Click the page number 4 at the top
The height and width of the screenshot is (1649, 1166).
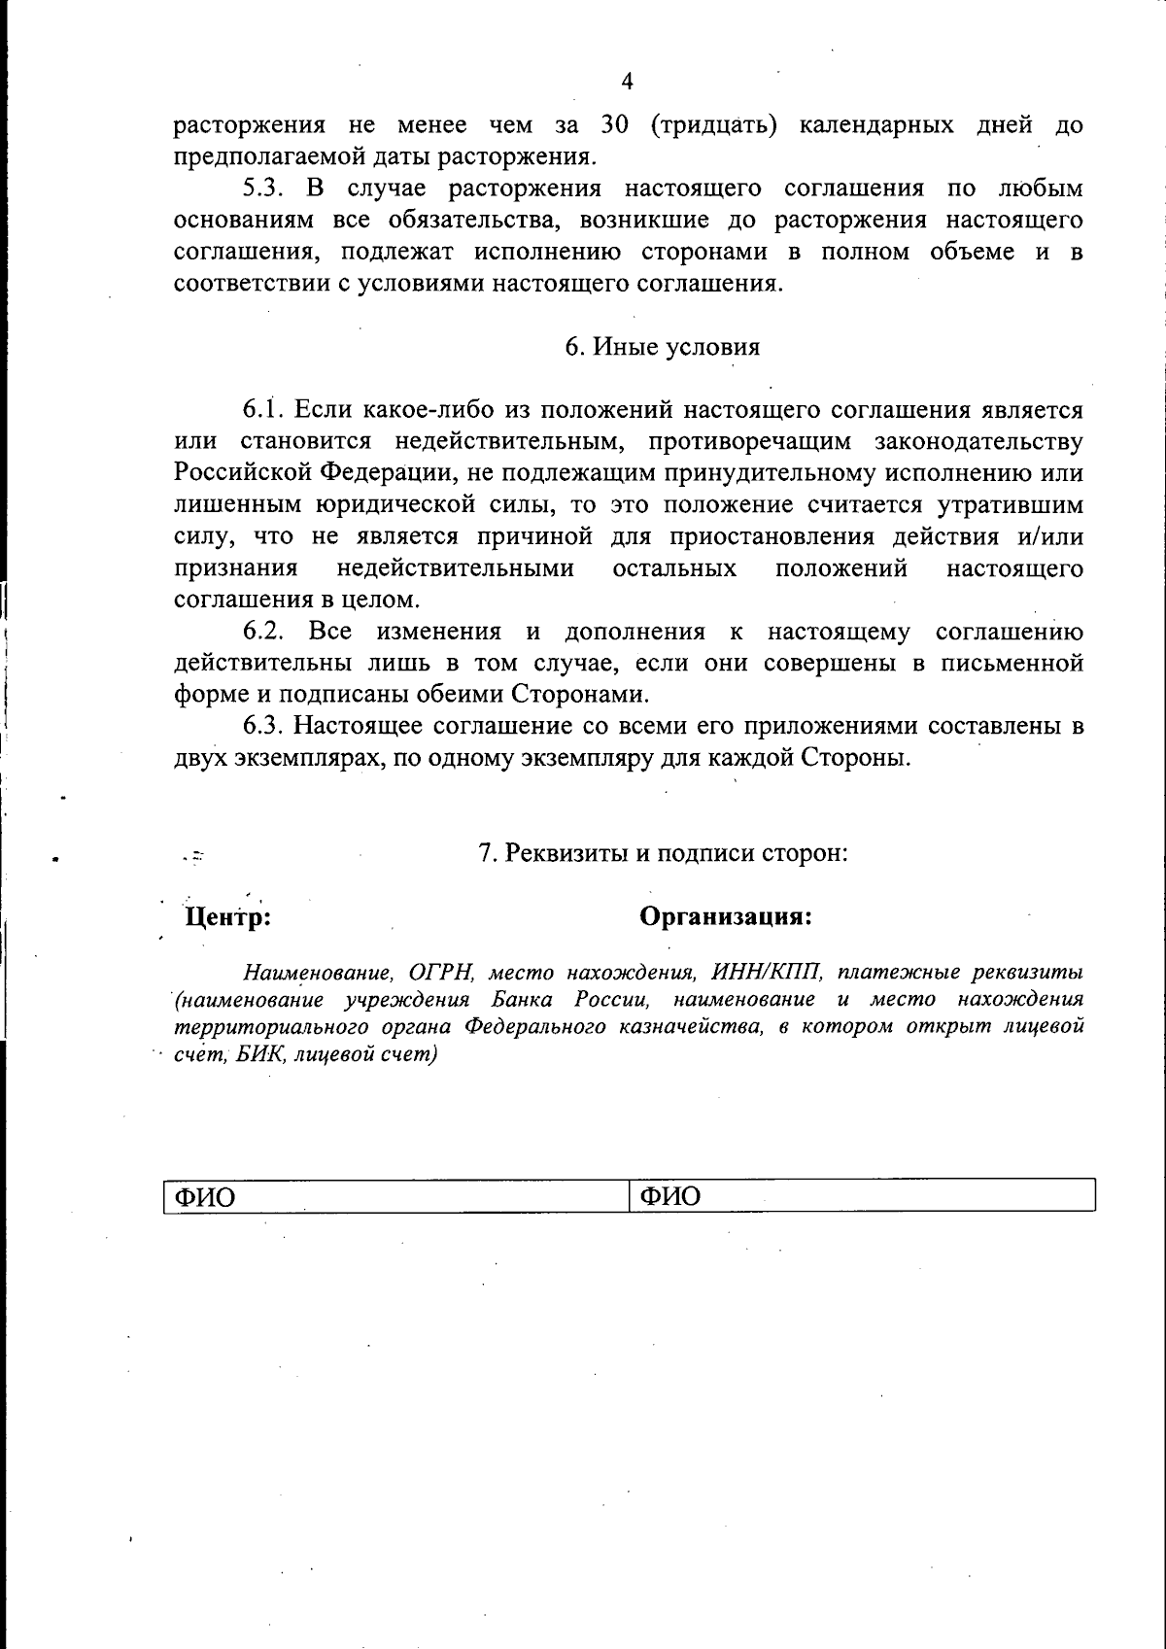[627, 82]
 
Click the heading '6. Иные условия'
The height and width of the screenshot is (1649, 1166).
[663, 347]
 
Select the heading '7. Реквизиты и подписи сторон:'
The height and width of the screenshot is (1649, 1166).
[664, 853]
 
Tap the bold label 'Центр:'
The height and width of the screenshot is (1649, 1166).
[227, 916]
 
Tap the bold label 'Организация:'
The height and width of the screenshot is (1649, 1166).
[726, 916]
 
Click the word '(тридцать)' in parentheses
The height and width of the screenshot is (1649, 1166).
[713, 125]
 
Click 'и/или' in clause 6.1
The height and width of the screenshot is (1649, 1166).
[1051, 536]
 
